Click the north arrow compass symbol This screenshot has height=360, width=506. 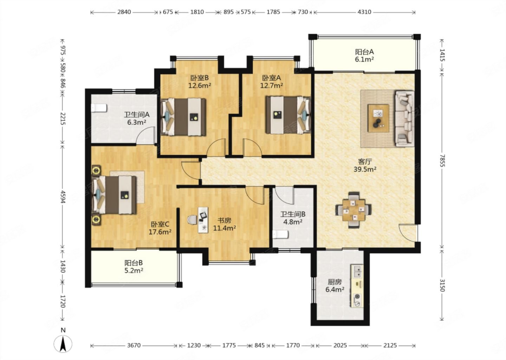point(63,344)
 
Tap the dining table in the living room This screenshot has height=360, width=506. point(353,210)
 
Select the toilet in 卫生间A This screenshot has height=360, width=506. point(99,108)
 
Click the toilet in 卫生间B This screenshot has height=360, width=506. point(280,234)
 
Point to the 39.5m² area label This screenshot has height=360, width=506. point(365,169)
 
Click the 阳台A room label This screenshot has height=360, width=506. point(364,52)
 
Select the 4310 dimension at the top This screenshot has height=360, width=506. point(364,12)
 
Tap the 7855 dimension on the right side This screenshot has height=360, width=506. point(442,161)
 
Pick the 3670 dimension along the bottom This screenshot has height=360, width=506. point(134,345)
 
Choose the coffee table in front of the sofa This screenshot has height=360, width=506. point(378,118)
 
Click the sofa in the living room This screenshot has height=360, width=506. point(404,118)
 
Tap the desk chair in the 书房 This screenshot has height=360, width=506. point(192,220)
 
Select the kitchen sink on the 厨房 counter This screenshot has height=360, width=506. point(357,272)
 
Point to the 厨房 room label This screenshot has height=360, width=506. point(335,282)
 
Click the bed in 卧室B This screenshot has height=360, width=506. point(183,117)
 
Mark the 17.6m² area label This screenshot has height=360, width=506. point(160,232)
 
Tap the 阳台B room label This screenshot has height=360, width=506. point(134,263)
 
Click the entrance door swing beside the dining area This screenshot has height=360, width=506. point(408,233)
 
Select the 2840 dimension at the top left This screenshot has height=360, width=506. point(124,12)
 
